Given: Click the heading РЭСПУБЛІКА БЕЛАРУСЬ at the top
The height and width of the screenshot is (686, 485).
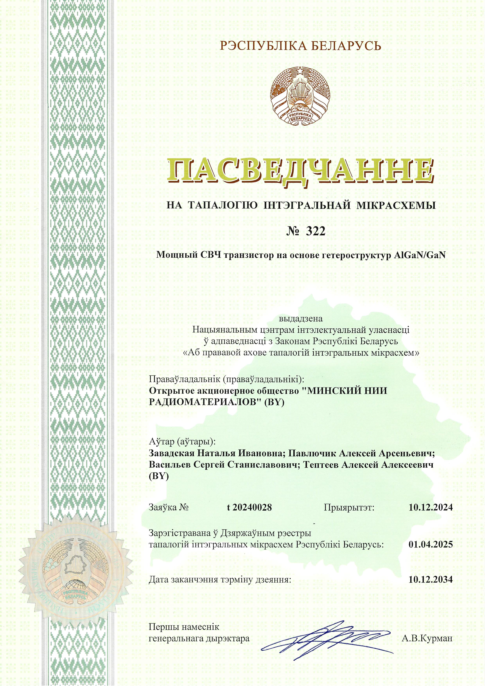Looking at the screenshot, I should tap(300, 46).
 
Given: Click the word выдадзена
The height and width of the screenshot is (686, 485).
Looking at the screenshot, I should tap(301, 318).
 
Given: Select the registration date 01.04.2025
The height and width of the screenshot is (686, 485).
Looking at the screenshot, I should tap(431, 544).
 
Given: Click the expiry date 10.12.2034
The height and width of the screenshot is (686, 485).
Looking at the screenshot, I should tap(431, 580).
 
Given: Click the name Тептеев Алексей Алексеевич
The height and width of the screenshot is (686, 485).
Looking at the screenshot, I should tap(368, 465).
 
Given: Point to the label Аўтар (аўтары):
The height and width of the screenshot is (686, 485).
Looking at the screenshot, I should tap(182, 442).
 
